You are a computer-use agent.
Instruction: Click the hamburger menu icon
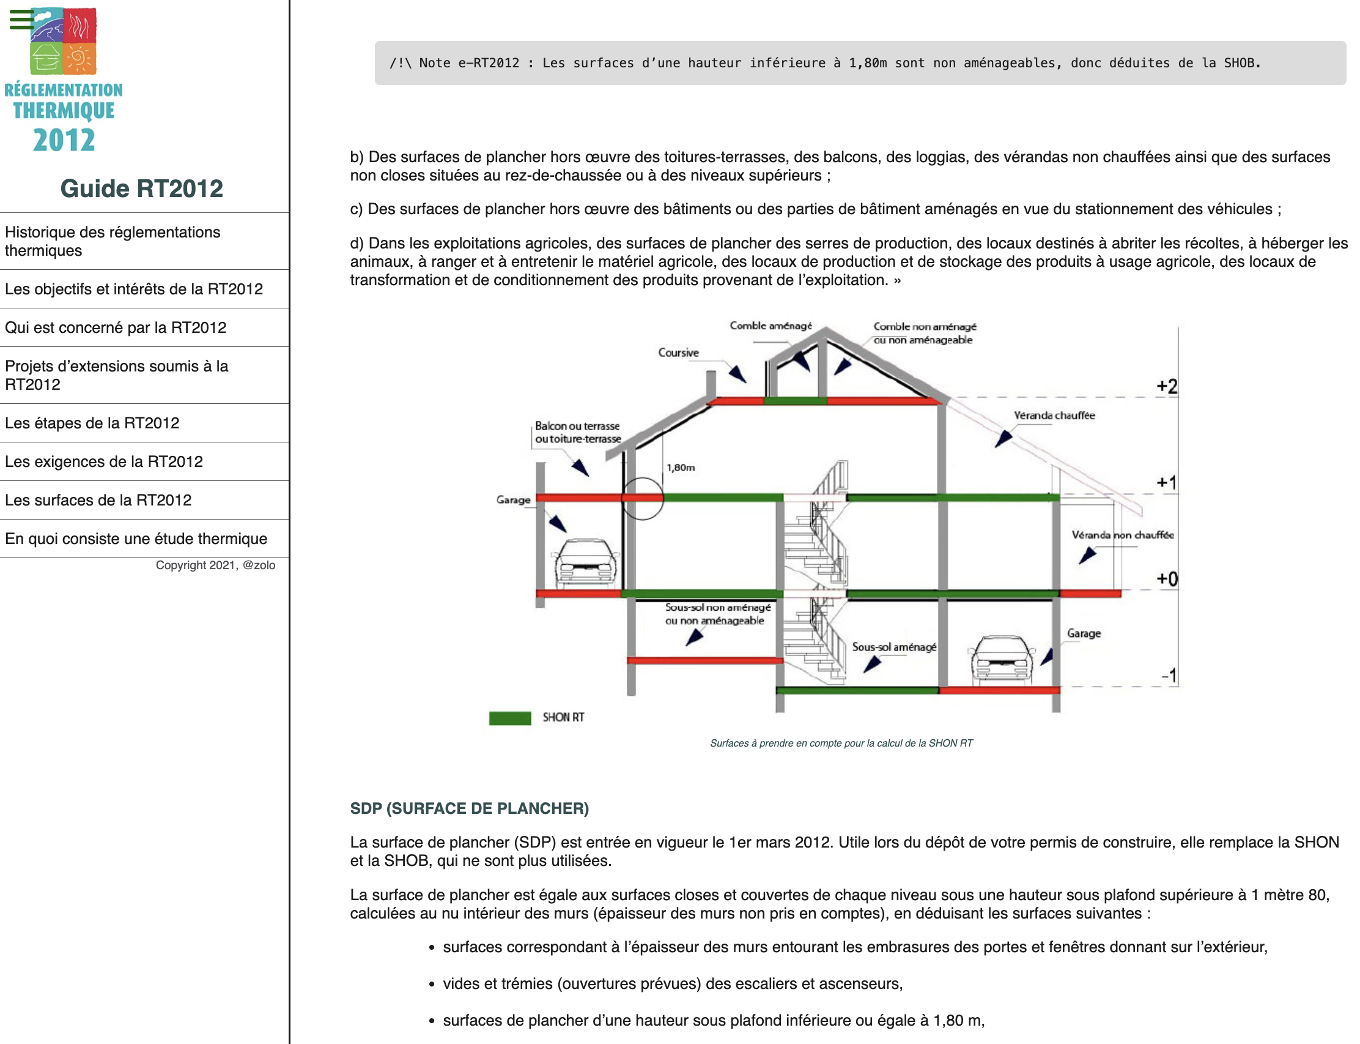[x=22, y=19]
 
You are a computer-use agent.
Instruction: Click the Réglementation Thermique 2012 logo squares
[x=64, y=41]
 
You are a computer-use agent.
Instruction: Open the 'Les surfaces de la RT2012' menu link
[x=98, y=500]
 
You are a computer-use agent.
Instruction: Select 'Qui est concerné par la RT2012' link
[x=116, y=327]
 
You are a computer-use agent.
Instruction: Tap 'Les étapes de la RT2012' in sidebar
[x=92, y=423]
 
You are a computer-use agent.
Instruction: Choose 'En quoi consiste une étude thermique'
[x=136, y=539]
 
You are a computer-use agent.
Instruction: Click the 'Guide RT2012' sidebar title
[x=142, y=188]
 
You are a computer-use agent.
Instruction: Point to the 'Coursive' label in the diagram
[x=678, y=353]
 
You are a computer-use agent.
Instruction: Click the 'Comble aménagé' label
[x=770, y=326]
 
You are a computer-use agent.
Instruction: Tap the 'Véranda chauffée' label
[x=1054, y=415]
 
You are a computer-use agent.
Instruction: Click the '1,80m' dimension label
[x=681, y=468]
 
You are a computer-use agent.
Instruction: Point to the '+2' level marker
[x=1166, y=387]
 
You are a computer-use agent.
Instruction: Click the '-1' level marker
[x=1169, y=675]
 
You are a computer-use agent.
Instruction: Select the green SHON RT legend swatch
[x=510, y=718]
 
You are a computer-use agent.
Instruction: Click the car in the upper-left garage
[x=586, y=562]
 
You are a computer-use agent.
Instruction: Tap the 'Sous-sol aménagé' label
[x=893, y=647]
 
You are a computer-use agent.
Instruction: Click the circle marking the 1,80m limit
[x=643, y=498]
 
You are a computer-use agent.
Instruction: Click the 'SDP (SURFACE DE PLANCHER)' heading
[x=470, y=808]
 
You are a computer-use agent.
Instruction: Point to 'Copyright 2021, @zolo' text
[x=215, y=565]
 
